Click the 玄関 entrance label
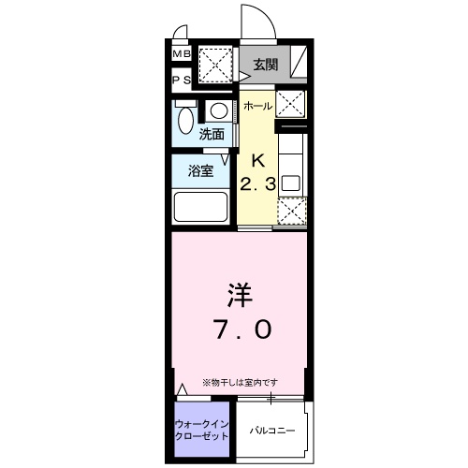tap(266, 65)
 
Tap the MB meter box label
tap(181, 54)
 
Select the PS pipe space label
tap(181, 80)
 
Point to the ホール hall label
tap(257, 107)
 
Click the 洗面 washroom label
tap(212, 134)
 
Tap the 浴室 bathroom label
tap(201, 171)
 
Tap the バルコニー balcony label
tap(272, 431)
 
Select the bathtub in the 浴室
tap(201, 206)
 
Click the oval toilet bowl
tap(184, 122)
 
